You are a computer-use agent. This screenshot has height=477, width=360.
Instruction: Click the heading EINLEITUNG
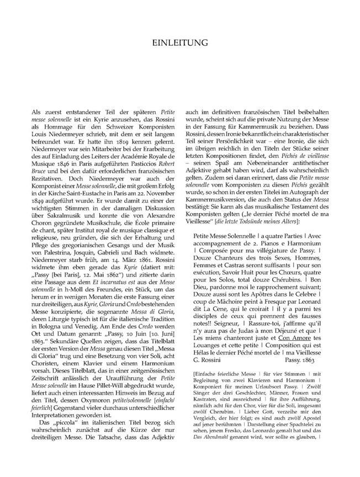click(x=179, y=43)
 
